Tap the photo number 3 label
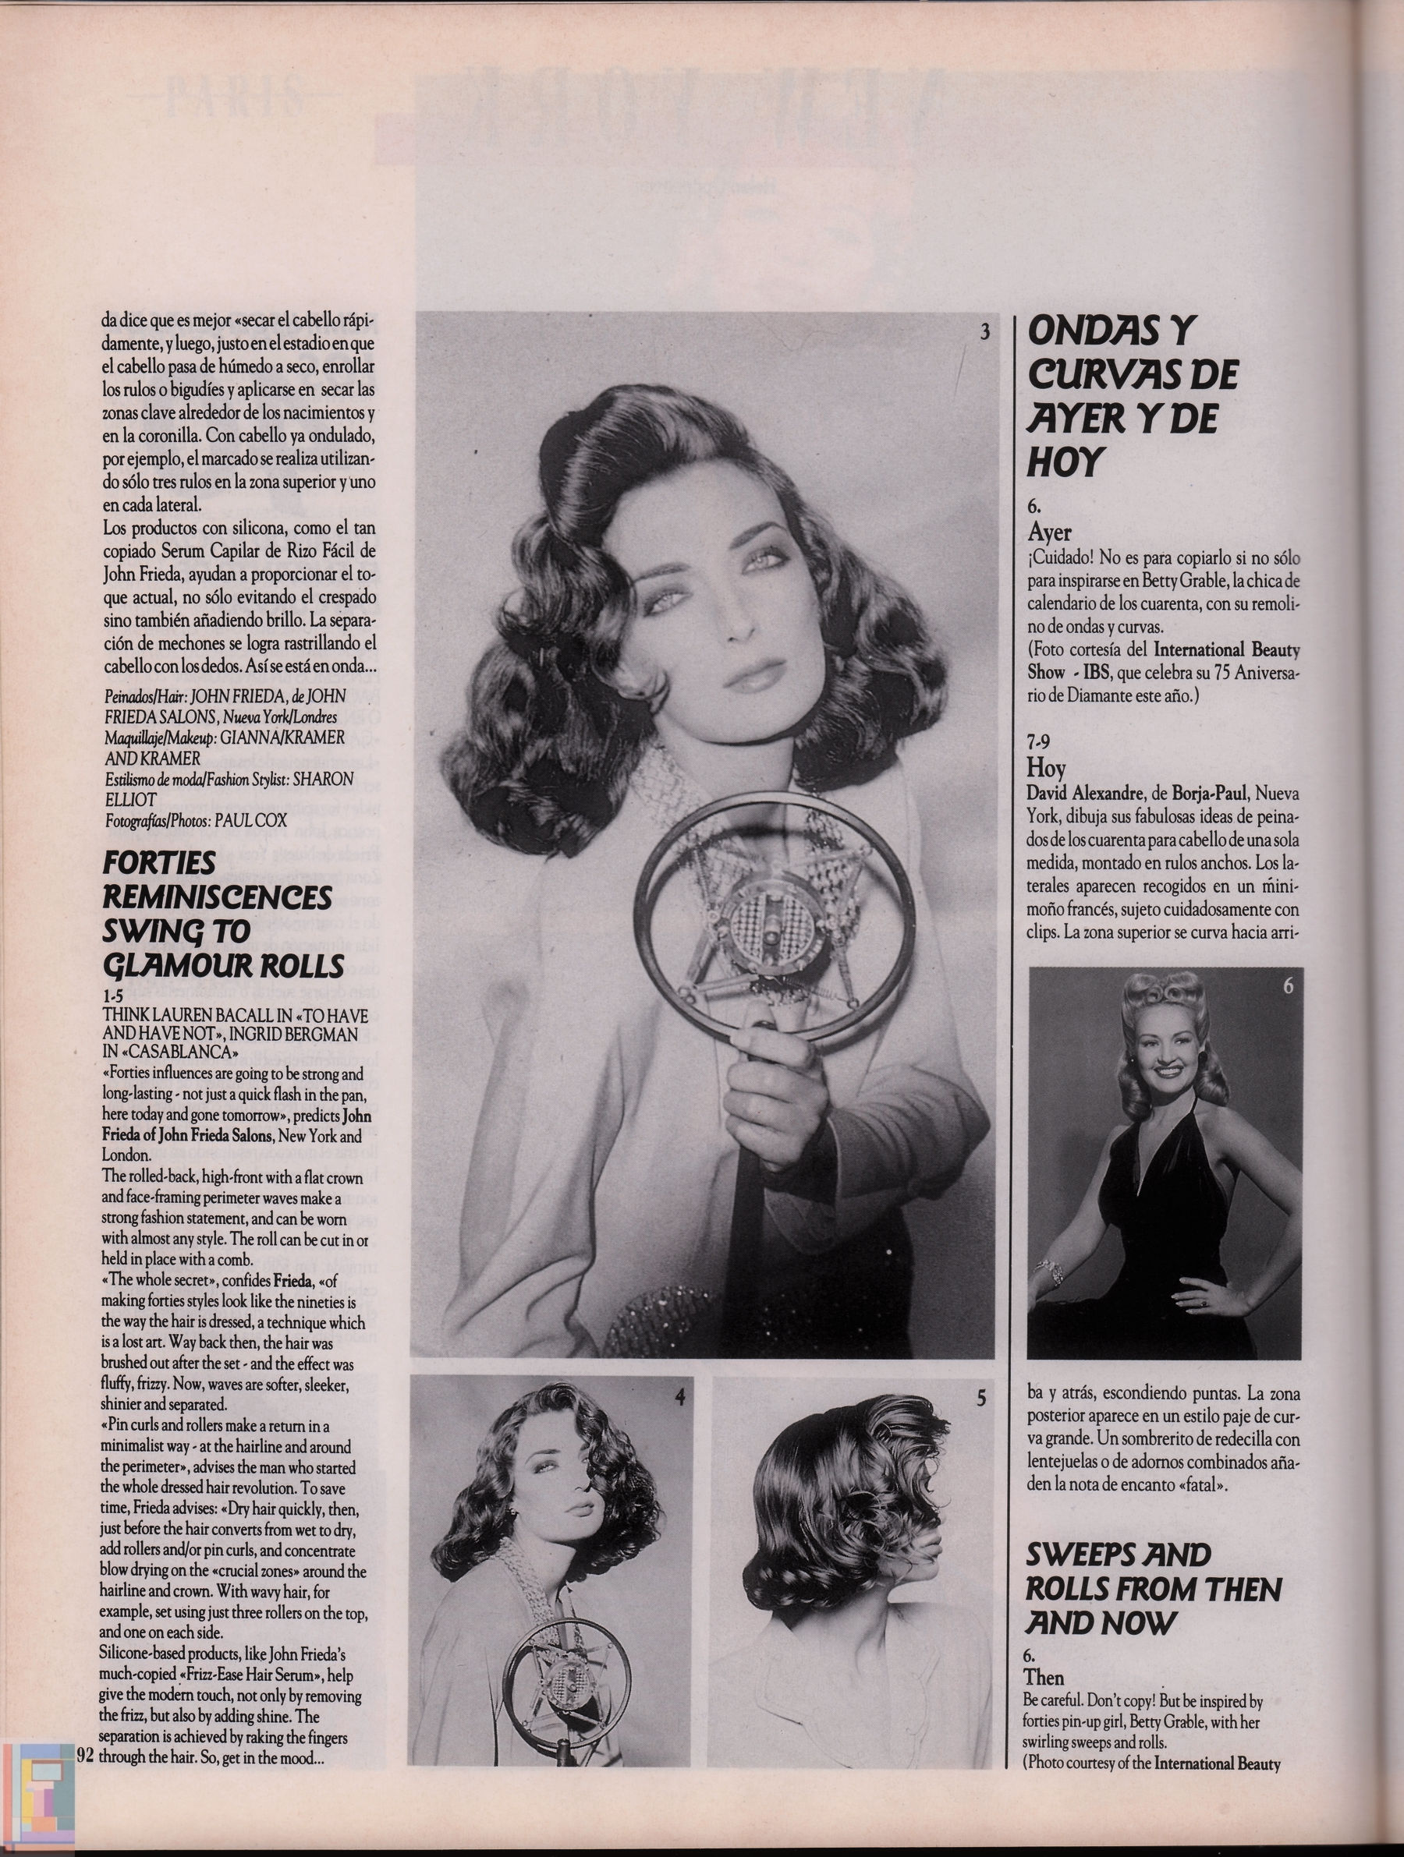click(984, 331)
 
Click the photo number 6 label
click(1287, 986)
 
